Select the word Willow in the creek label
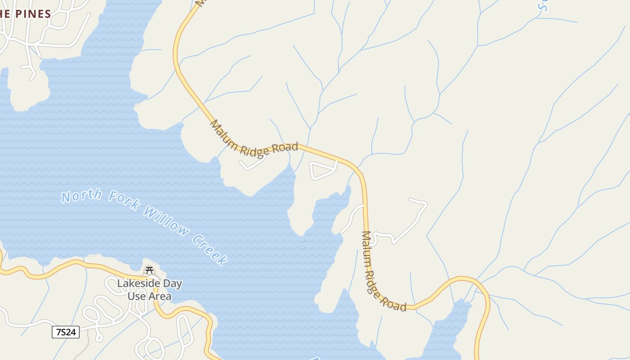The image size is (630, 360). pos(167,221)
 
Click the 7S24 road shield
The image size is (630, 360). pos(66,333)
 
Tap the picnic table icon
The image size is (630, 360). pos(149,270)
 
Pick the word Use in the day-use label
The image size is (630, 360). pos(136,296)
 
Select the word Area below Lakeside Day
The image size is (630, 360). pos(160,296)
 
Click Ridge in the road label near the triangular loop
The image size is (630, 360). pos(254,152)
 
